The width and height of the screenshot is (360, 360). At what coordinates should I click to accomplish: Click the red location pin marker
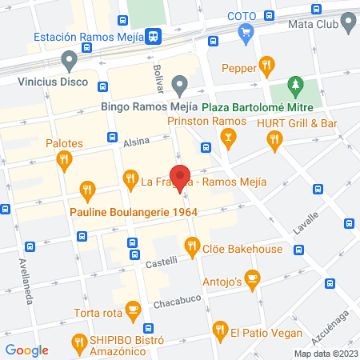point(182,178)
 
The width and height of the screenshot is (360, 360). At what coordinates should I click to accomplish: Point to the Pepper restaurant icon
point(267,66)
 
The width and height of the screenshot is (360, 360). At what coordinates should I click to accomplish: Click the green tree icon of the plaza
point(297,85)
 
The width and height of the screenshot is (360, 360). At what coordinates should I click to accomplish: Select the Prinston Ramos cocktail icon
point(229,141)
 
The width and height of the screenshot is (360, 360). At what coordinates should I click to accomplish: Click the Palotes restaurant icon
point(65,161)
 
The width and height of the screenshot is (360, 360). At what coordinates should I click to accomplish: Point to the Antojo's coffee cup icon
point(253,279)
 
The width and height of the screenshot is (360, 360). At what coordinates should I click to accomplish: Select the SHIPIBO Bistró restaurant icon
point(78,342)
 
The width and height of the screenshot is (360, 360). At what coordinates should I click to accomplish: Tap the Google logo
point(27,350)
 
